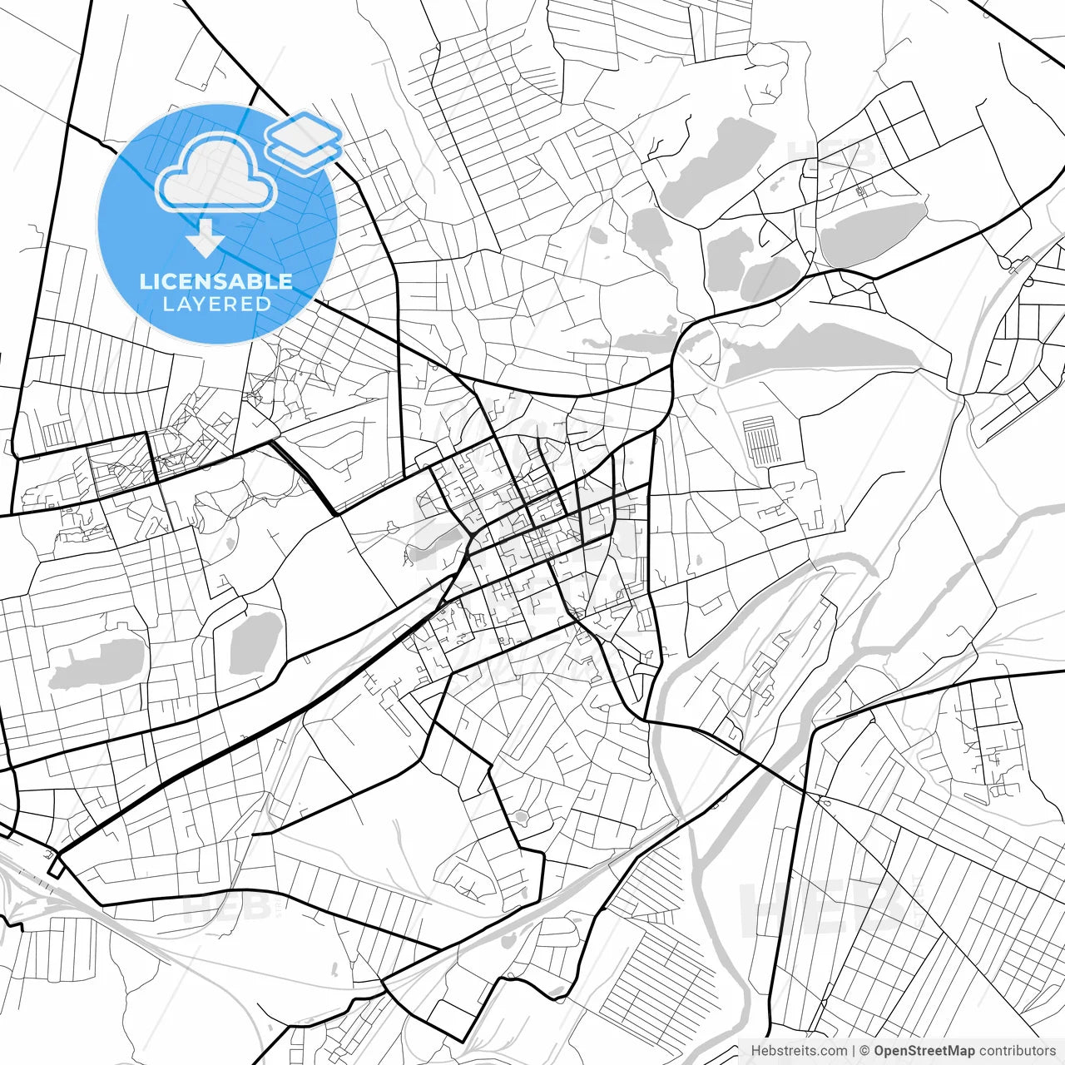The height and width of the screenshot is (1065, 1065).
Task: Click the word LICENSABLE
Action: (216, 281)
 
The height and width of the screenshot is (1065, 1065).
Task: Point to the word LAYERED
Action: (216, 305)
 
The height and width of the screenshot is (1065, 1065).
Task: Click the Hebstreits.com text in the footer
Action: (799, 1051)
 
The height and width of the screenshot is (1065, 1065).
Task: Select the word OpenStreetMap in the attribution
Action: (924, 1051)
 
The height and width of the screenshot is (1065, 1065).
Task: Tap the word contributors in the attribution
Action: (1017, 1051)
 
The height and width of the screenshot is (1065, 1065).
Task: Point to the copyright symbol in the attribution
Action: (864, 1051)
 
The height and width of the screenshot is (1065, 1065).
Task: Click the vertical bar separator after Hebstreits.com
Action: (854, 1051)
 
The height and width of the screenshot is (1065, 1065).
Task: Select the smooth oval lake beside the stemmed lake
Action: (255, 642)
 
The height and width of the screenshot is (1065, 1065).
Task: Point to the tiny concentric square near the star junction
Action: (860, 192)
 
